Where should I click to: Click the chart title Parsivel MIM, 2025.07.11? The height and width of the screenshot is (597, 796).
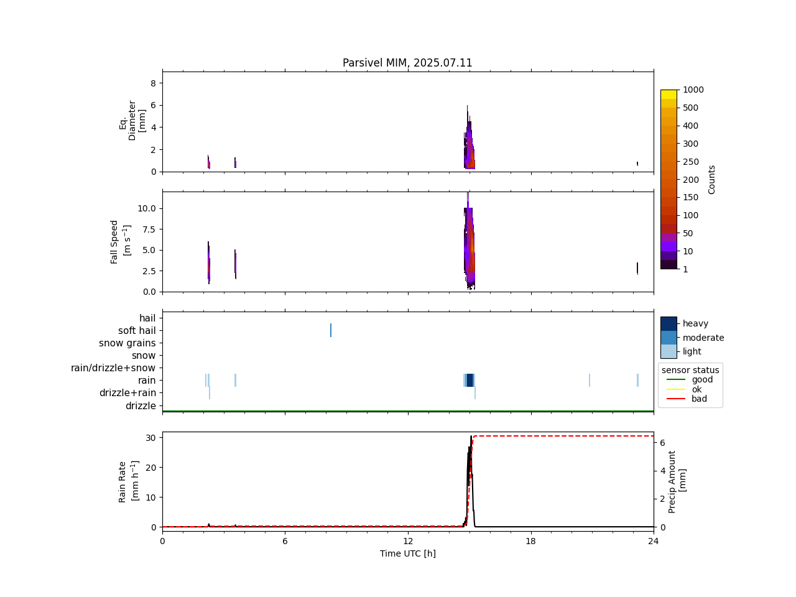pyautogui.click(x=407, y=63)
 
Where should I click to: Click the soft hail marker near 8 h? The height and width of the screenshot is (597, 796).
pyautogui.click(x=331, y=330)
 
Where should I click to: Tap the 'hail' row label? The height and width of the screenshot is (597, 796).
pyautogui.click(x=147, y=318)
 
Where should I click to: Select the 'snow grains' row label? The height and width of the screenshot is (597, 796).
pyautogui.click(x=127, y=343)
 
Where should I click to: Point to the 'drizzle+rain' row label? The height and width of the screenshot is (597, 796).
pyautogui.click(x=127, y=393)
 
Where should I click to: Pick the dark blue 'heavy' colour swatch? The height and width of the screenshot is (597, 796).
pyautogui.click(x=669, y=323)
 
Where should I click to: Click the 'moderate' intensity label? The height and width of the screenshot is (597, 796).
pyautogui.click(x=703, y=338)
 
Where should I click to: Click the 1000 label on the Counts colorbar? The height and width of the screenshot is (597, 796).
pyautogui.click(x=693, y=90)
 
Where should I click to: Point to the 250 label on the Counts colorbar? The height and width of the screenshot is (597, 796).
pyautogui.click(x=690, y=162)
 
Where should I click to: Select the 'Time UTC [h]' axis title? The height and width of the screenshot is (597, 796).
pyautogui.click(x=407, y=553)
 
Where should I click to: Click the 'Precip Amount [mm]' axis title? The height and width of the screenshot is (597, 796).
pyautogui.click(x=677, y=481)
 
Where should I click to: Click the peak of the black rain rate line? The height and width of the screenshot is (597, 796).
pyautogui.click(x=471, y=437)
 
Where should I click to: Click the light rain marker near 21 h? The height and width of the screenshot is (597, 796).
pyautogui.click(x=590, y=380)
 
